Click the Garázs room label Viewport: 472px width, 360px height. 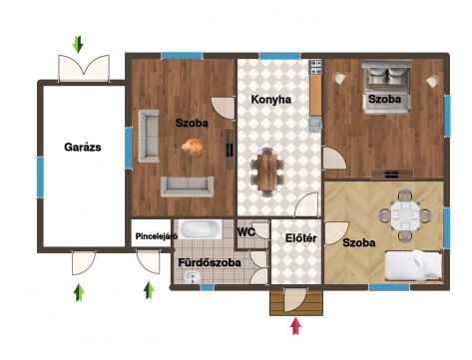(83, 147)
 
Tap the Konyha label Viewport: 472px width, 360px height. (271, 99)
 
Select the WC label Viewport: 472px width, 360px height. (246, 232)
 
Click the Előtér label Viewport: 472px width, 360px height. (300, 238)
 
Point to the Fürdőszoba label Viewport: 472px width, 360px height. (210, 262)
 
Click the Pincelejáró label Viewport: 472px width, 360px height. (157, 236)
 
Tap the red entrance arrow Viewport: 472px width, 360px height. (295, 326)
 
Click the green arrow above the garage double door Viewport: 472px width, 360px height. (78, 45)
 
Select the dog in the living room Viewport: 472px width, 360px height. (192, 147)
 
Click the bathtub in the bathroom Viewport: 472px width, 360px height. (200, 229)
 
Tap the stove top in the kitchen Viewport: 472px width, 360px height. (315, 67)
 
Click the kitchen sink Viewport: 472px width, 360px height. (315, 125)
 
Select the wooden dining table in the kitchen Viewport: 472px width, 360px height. (267, 173)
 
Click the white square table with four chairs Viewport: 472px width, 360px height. (405, 215)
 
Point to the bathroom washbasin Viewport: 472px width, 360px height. (192, 277)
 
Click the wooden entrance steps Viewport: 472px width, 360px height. (296, 302)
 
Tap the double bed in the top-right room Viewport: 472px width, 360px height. (386, 87)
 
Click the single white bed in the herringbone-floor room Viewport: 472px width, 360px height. (413, 265)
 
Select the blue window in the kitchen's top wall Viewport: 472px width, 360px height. (279, 56)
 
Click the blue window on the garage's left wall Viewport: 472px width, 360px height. (40, 178)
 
